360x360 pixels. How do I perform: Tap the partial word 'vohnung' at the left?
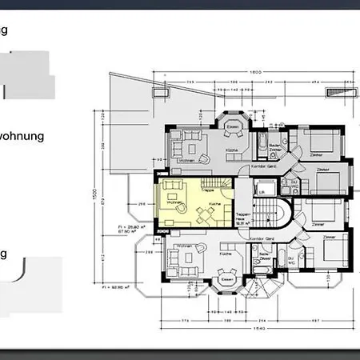[22, 136]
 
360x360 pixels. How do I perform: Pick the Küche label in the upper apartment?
[230, 150]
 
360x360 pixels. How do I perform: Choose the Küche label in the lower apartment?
[226, 253]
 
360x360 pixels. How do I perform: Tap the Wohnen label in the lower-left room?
[182, 246]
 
